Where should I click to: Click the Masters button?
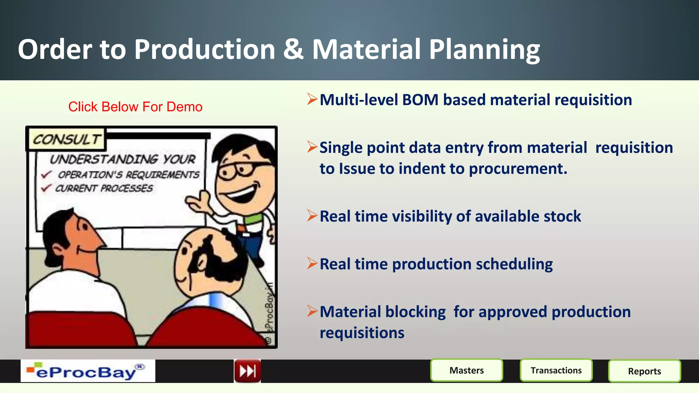point(467,370)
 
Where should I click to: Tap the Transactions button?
point(556,370)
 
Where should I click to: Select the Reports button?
point(644,371)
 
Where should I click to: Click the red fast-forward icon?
point(247,371)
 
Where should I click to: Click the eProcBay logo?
point(88,371)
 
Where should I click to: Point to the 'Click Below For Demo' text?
point(135,107)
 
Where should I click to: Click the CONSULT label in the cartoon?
point(67,139)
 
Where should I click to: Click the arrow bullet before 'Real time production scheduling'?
point(312,263)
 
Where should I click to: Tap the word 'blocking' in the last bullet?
point(415,312)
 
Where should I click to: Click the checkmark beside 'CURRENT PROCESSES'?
point(46,188)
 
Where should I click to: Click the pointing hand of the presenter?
point(198,203)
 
